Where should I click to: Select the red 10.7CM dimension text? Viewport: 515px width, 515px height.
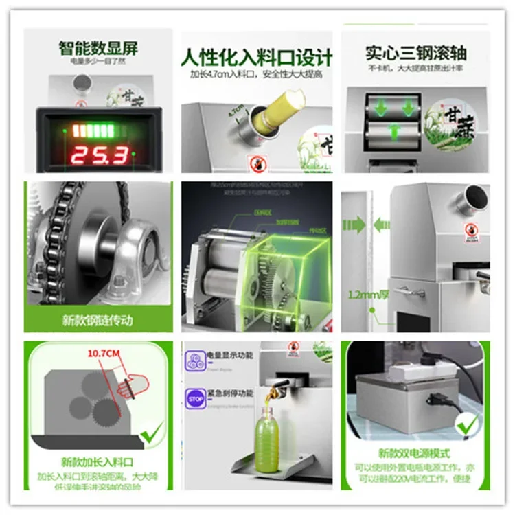[103, 353]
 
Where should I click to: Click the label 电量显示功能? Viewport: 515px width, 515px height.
[229, 355]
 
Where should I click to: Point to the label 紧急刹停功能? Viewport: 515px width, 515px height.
[229, 393]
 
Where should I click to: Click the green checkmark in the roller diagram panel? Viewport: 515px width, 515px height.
[151, 433]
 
